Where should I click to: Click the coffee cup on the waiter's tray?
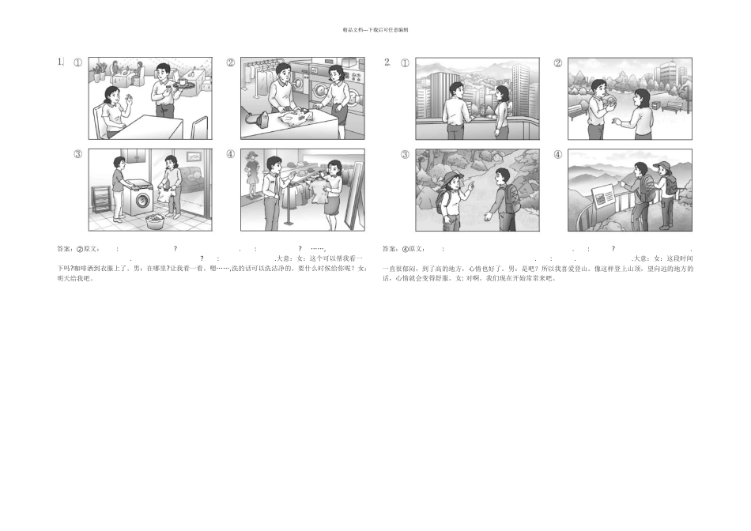coord(181,81)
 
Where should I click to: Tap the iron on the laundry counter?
coord(259,120)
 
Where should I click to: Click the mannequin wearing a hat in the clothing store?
coord(253,173)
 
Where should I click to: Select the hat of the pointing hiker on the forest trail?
coord(451,177)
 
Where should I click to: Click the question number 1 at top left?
coord(60,62)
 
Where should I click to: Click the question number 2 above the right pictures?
coord(387,62)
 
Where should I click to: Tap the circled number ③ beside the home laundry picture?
coord(77,154)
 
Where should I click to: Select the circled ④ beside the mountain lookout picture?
coord(557,154)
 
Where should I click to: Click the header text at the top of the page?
coord(375,30)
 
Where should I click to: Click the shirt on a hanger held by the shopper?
coord(320,190)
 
